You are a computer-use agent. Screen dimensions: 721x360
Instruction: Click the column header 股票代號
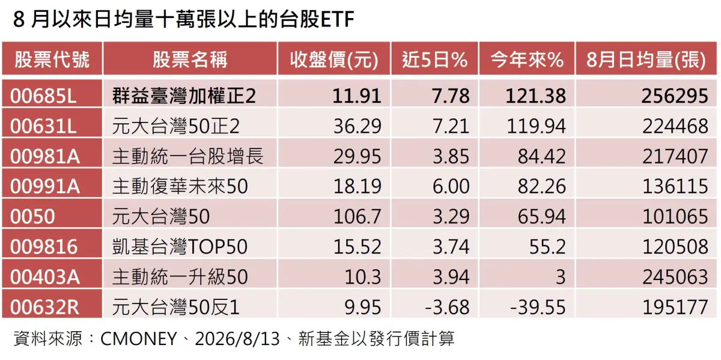pos(52,59)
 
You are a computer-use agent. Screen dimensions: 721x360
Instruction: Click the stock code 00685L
pos(43,96)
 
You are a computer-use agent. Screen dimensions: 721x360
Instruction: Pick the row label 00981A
pos(44,156)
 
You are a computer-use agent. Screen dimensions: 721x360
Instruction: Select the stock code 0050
pos(32,216)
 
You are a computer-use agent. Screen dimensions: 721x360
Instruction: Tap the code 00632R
pos(44,307)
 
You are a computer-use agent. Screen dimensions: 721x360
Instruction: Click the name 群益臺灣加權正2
pos(184,96)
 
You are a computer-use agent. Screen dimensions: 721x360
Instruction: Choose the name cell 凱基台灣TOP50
pos(180,246)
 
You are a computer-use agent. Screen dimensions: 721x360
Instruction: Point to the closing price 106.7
pos(357,216)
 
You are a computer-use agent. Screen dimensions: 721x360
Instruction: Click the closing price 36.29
pos(357,126)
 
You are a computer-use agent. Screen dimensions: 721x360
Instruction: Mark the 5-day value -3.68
pos(447,307)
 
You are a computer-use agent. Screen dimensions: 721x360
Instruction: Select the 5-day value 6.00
pos(451,186)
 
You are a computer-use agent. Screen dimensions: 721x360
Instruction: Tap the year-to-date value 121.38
pos(535,96)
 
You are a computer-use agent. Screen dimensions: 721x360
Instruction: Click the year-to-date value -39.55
pos(538,307)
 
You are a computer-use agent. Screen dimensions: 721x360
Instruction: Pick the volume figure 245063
pos(675,277)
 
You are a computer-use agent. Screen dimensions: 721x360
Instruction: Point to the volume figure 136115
pos(675,186)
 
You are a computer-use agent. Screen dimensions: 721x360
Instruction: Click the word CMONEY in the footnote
pos(139,339)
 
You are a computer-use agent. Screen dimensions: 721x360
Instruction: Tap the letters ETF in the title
pos(337,19)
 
